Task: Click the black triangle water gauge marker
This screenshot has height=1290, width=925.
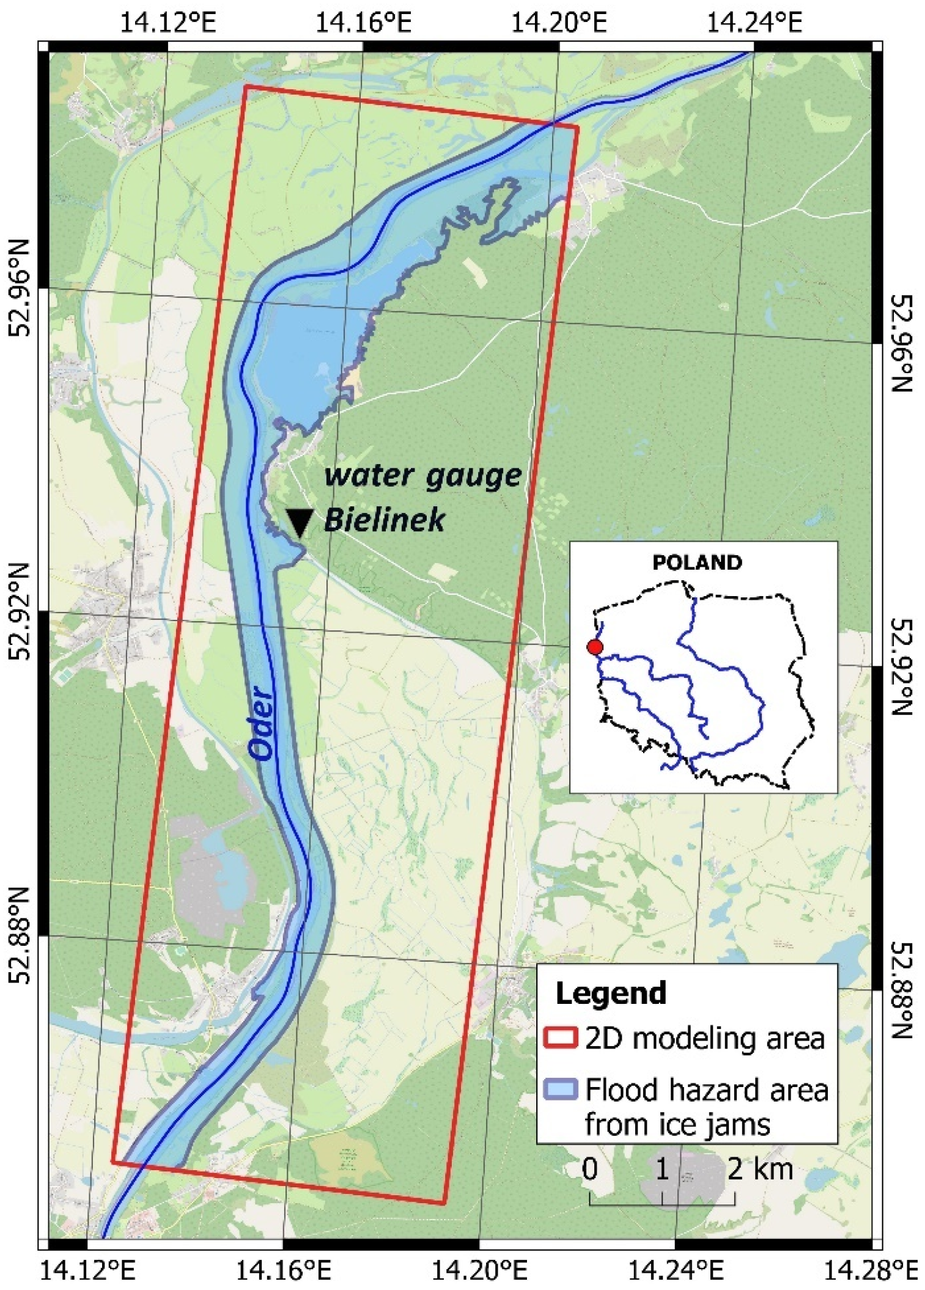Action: tap(300, 521)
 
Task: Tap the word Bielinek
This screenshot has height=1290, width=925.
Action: tap(384, 520)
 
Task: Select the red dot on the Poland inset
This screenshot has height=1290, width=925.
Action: tap(594, 647)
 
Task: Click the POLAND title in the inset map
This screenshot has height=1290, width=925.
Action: tap(697, 562)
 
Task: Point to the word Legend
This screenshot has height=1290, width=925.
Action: tap(610, 993)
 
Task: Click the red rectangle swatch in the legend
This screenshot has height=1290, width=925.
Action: tap(560, 1038)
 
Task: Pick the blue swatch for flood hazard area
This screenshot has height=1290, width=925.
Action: tap(560, 1089)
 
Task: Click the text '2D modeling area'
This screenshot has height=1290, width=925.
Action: tap(704, 1038)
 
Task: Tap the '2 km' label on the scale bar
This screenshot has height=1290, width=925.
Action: tap(760, 1169)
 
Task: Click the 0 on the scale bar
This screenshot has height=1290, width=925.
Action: tap(589, 1169)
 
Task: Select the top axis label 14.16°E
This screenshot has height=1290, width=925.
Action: tap(363, 23)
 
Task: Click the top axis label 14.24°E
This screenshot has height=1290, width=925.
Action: tap(754, 23)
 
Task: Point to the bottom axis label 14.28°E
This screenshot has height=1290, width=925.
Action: tap(871, 1272)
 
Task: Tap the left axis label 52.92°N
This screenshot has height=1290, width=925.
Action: tap(20, 611)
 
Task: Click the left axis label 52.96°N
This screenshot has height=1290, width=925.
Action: tap(20, 287)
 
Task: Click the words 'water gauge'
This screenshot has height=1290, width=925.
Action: tap(422, 476)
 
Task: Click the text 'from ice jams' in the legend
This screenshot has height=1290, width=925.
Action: tap(677, 1124)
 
